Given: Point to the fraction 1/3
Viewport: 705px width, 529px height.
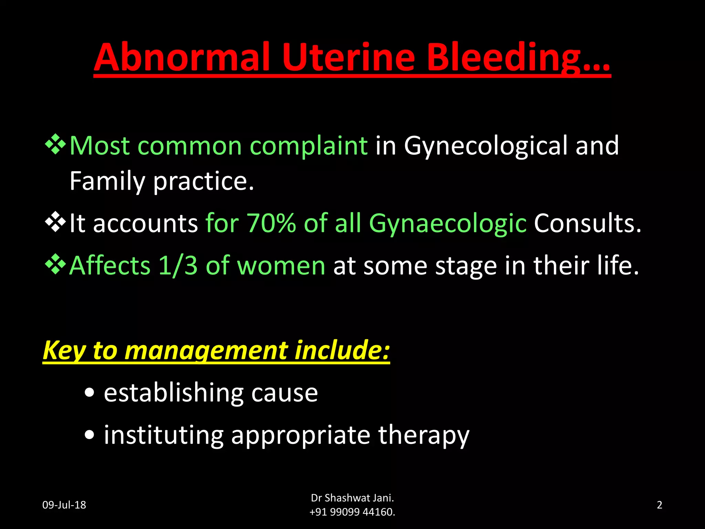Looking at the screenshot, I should point(178,266).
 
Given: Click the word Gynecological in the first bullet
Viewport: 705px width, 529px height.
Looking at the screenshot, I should point(485,146).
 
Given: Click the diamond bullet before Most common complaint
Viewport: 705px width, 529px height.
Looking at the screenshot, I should point(55,144).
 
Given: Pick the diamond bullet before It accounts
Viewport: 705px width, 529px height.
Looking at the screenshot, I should point(55,222).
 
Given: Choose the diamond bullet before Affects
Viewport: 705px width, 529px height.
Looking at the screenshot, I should point(55,264).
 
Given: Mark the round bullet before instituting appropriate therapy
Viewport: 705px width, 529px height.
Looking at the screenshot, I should point(90,435).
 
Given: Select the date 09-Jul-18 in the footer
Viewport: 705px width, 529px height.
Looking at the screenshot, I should point(64,505).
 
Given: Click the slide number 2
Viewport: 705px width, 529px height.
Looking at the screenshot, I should point(660,505).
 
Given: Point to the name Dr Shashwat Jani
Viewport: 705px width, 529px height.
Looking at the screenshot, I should point(352,498).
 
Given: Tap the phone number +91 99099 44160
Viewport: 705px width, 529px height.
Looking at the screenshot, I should point(352,512).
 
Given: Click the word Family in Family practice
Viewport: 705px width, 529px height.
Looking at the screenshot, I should point(107,181).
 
